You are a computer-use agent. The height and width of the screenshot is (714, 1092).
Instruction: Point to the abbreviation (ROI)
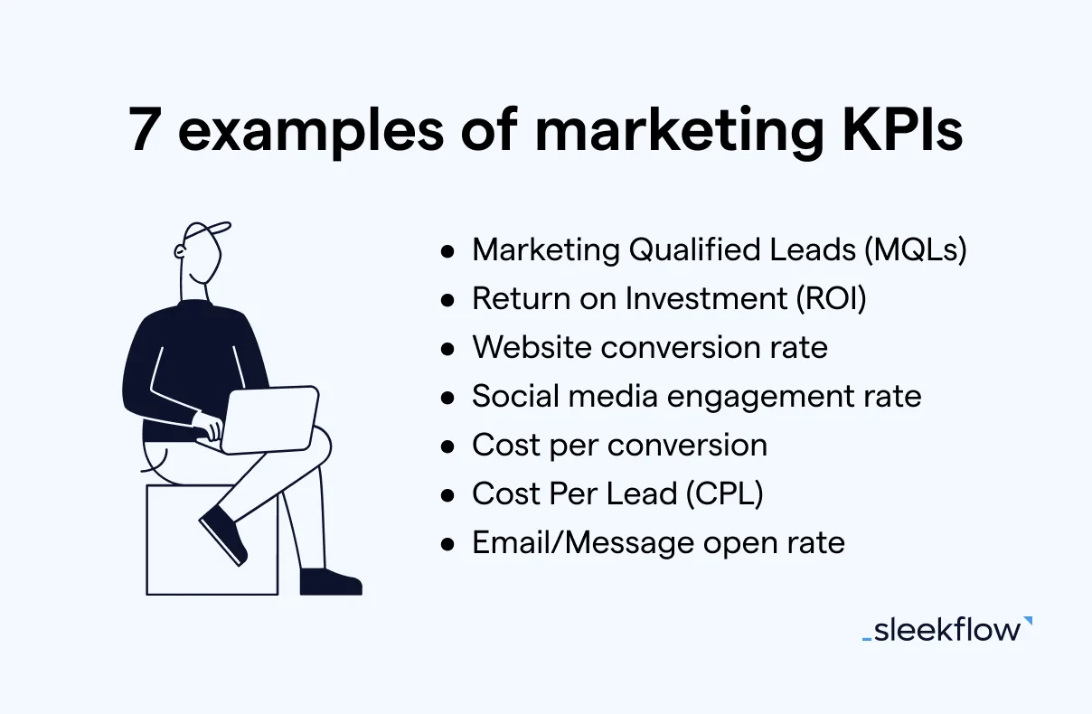pyautogui.click(x=831, y=299)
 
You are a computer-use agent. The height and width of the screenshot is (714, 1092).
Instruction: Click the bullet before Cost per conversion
pyautogui.click(x=447, y=446)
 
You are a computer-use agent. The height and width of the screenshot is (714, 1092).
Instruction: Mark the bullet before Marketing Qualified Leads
pyautogui.click(x=447, y=251)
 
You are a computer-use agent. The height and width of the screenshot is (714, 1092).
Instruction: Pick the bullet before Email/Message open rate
pyautogui.click(x=447, y=543)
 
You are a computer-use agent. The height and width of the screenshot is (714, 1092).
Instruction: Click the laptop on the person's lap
pyautogui.click(x=269, y=418)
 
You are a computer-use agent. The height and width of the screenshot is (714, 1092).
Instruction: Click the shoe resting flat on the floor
pyautogui.click(x=329, y=581)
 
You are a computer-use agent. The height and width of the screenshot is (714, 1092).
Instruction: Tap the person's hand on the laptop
pyautogui.click(x=208, y=427)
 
